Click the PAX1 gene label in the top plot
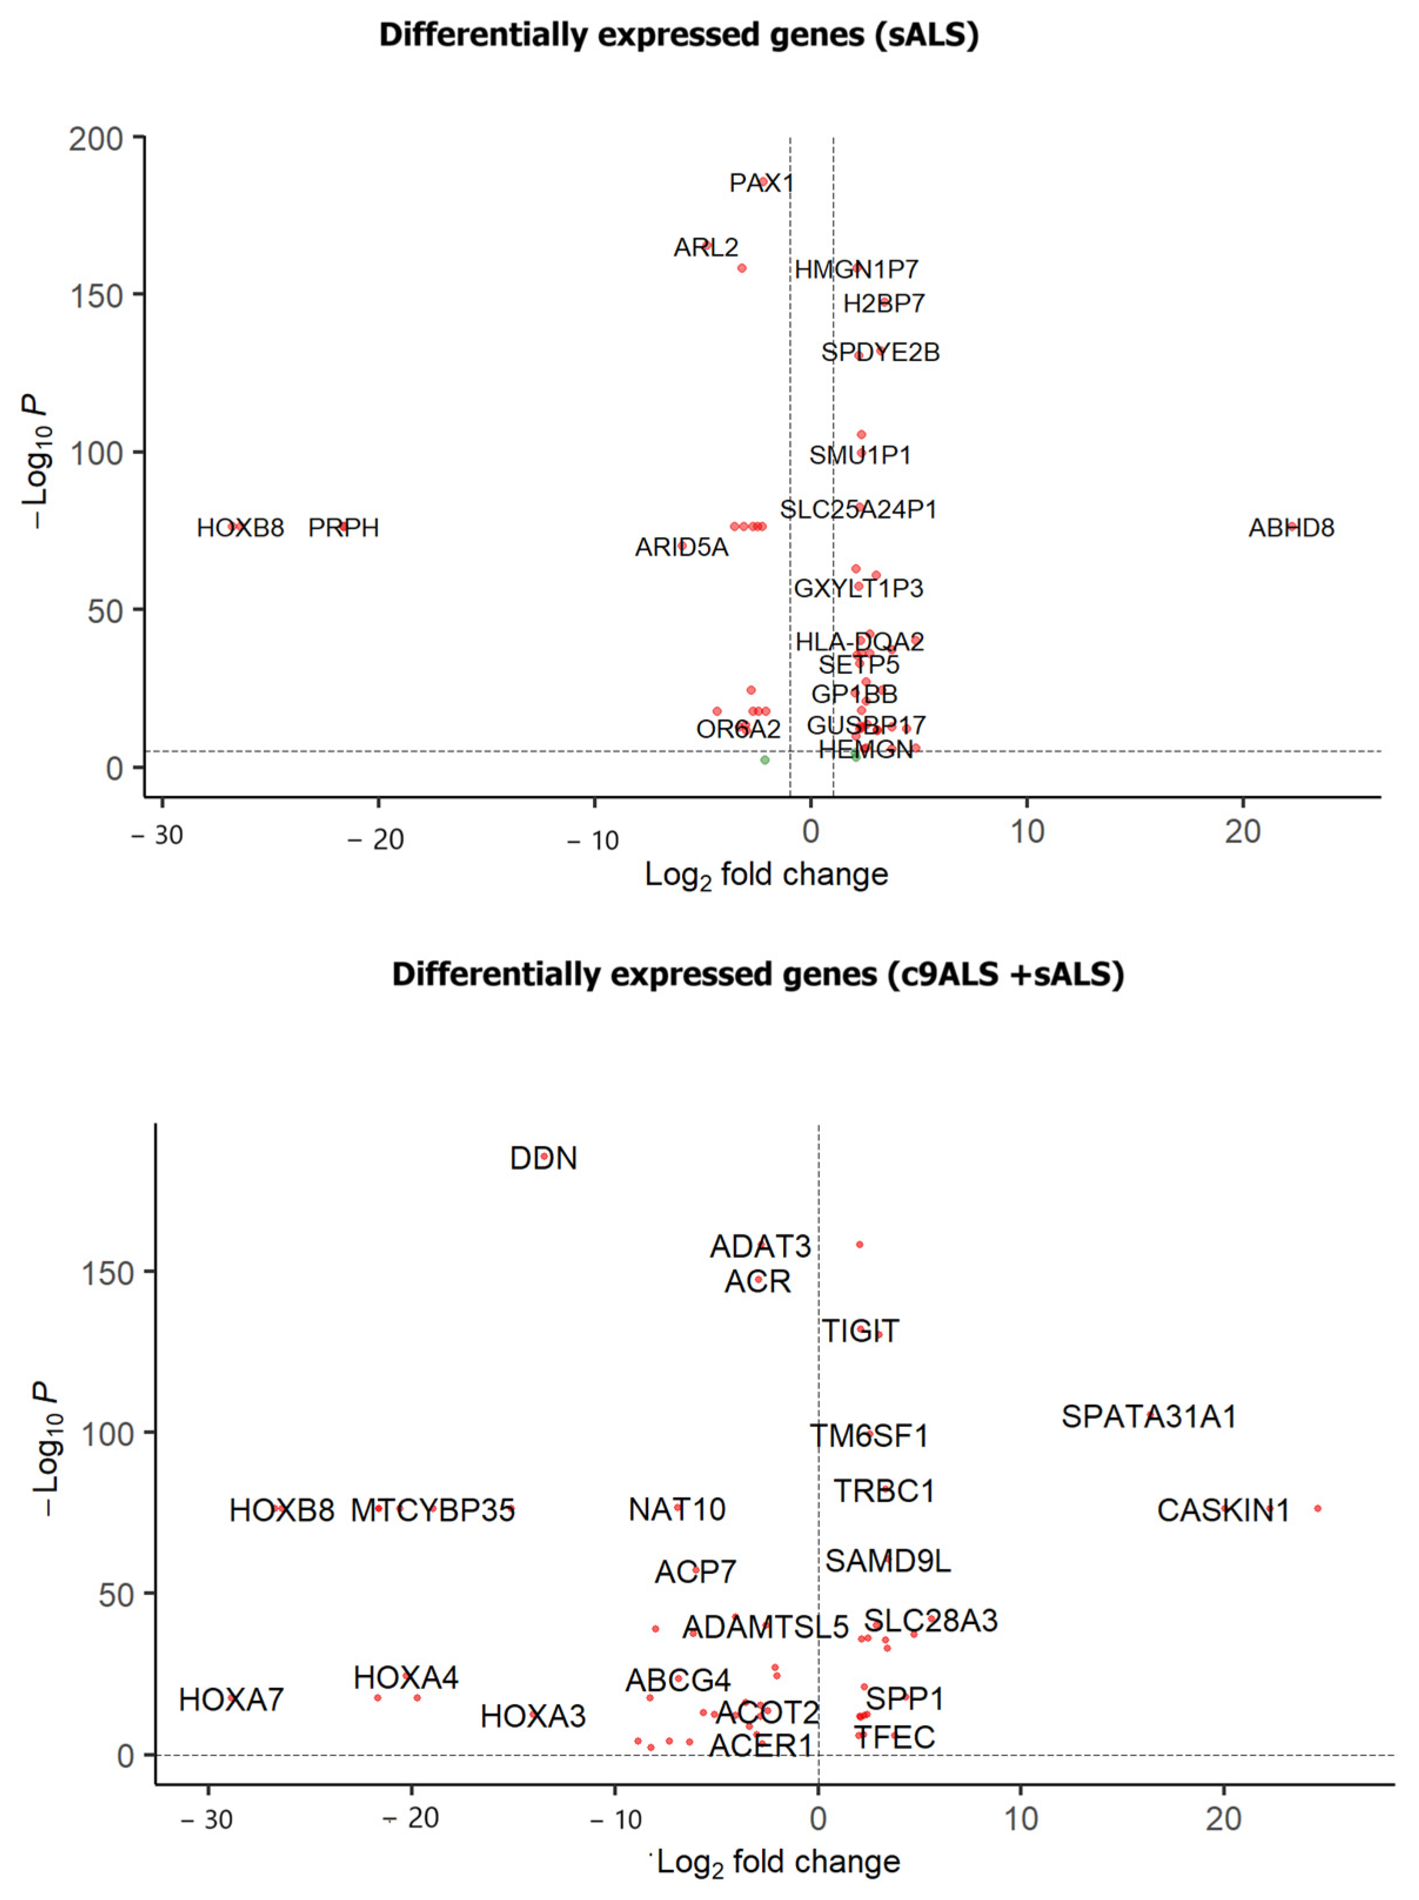(x=761, y=183)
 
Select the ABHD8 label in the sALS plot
(x=1290, y=528)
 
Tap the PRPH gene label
(x=344, y=528)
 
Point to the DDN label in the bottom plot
(x=543, y=1158)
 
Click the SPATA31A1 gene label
(x=1149, y=1416)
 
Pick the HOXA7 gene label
(x=231, y=1699)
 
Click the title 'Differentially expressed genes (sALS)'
(x=679, y=35)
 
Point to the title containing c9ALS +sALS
(x=757, y=974)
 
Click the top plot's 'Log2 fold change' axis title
(x=766, y=875)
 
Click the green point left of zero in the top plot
(x=764, y=760)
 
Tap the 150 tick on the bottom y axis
(x=108, y=1274)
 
